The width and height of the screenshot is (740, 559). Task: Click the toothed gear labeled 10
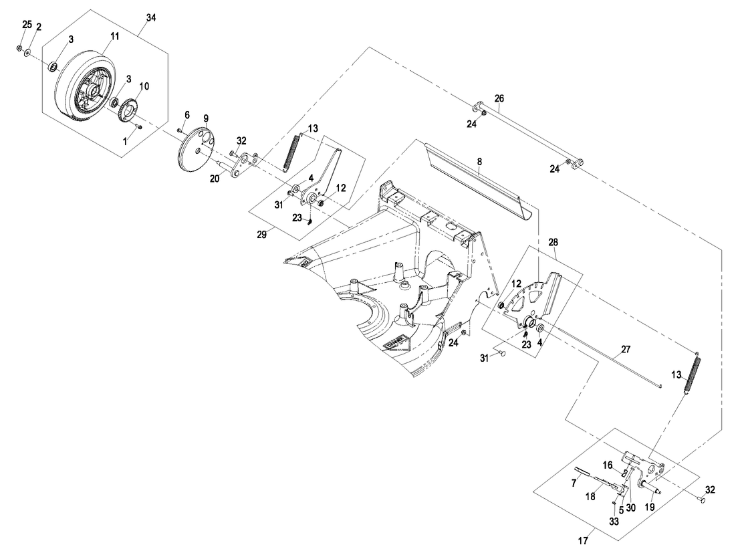coord(128,110)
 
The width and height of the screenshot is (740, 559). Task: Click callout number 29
coord(262,235)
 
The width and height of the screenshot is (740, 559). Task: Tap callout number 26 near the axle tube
coord(499,98)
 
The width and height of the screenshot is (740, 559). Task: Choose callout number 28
coord(554,241)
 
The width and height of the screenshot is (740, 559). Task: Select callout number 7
coord(574,482)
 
